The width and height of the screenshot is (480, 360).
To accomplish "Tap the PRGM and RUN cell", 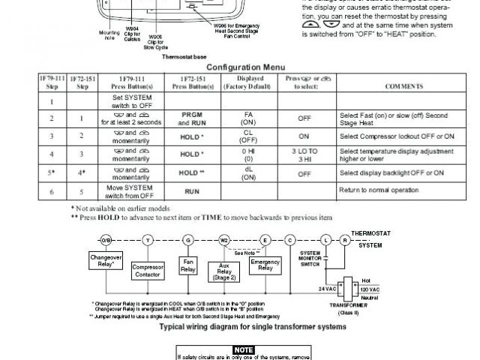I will point(187,118).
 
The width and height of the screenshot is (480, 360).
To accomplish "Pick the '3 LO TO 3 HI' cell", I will point(304,156).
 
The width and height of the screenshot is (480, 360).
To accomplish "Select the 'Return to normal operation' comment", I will point(379,190).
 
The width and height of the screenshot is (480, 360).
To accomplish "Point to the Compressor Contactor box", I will point(148,269).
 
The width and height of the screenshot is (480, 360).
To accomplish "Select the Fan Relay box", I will point(188,265).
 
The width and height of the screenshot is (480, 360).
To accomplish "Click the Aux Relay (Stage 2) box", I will point(223,269).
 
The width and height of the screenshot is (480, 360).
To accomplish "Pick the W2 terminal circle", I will point(223,239).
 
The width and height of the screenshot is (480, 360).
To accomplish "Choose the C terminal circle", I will point(289,239).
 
